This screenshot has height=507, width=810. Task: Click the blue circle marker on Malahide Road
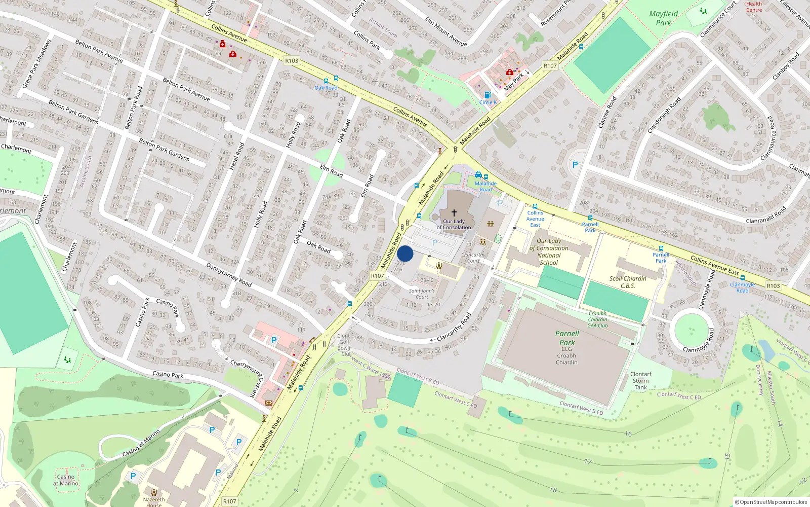click(405, 253)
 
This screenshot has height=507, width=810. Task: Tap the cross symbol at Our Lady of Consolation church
click(454, 213)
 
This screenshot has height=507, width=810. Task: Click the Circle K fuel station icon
click(488, 95)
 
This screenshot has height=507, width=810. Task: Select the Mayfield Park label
click(663, 18)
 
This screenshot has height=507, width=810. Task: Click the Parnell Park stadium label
click(567, 338)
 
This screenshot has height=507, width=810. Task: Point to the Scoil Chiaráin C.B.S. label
click(628, 282)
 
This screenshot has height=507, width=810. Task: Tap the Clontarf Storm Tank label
click(640, 380)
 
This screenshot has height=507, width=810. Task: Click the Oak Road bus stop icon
click(326, 82)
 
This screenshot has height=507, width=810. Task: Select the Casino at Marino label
click(66, 480)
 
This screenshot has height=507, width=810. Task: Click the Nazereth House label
click(154, 501)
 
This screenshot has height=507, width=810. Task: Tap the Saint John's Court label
click(422, 294)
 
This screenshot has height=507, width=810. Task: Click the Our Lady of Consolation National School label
click(549, 251)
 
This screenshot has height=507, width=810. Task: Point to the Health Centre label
click(754, 7)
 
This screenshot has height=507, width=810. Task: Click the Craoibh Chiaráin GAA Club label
click(597, 319)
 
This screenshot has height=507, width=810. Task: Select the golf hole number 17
click(587, 461)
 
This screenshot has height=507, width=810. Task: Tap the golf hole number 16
click(628, 433)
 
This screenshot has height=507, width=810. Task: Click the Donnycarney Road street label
click(229, 274)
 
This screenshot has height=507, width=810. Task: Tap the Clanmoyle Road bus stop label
click(742, 287)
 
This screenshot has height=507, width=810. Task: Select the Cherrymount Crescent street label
click(247, 378)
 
